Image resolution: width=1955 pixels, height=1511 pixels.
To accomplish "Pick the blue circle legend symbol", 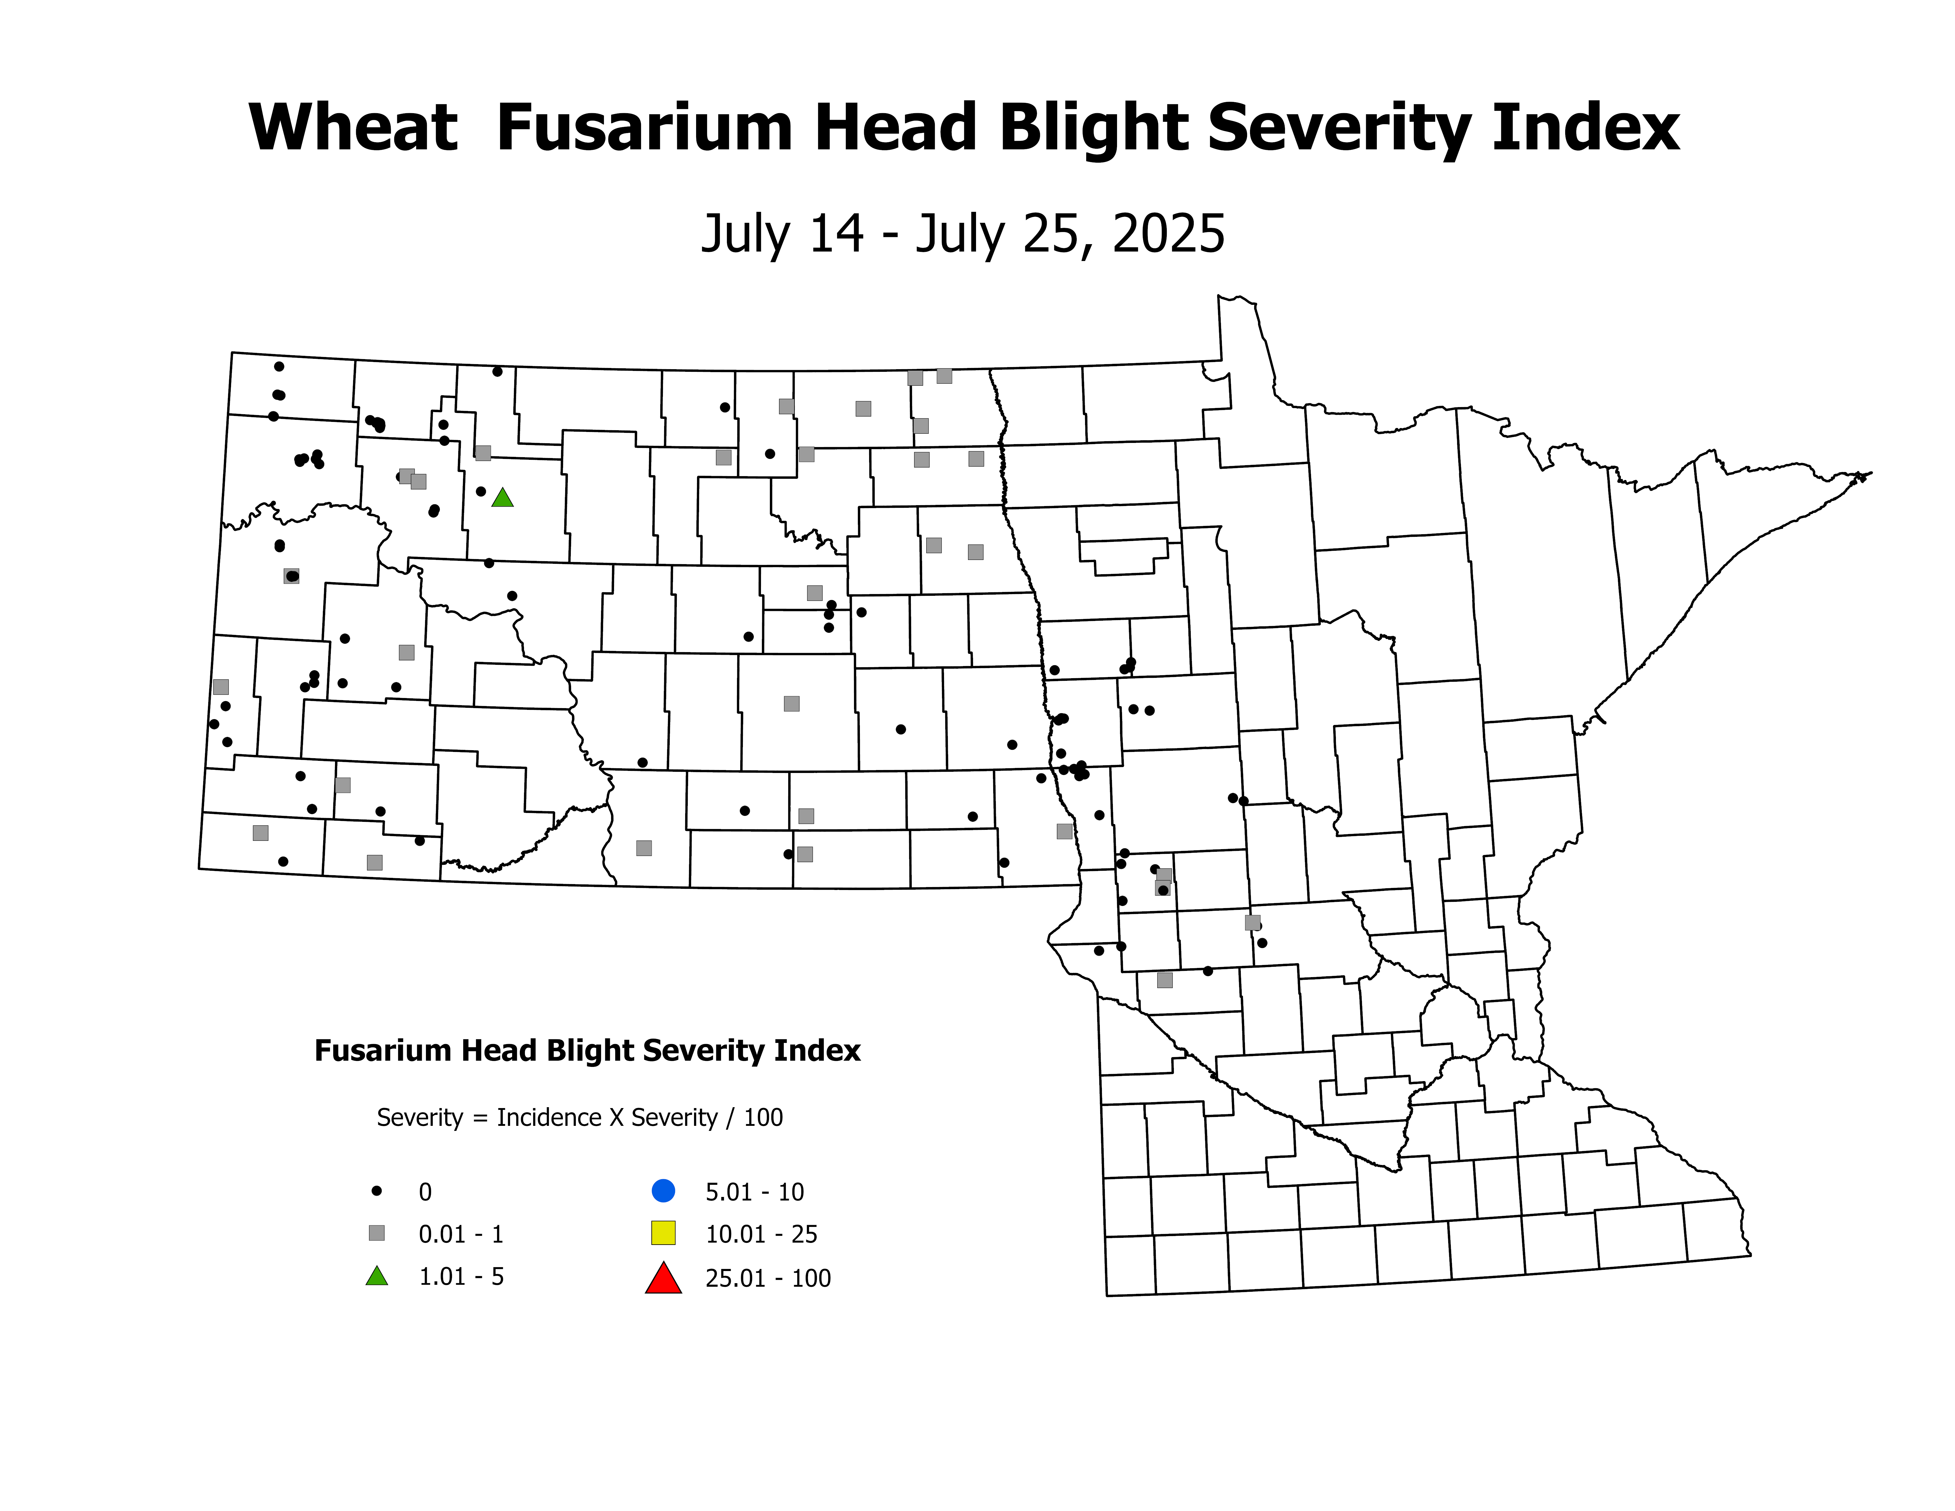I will coord(663,1191).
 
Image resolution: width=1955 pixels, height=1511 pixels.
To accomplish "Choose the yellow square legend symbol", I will coord(663,1233).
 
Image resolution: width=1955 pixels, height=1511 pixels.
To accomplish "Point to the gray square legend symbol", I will coord(377,1233).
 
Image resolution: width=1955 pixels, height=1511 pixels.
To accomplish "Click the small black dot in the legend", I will coord(377,1191).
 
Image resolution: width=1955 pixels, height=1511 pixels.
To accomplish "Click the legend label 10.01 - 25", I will coord(761,1234).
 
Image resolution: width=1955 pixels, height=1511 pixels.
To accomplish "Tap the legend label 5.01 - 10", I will coord(755,1192).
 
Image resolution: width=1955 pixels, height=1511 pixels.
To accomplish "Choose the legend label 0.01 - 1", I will coord(461,1234).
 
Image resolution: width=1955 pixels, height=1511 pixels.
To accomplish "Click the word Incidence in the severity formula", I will coord(549,1118).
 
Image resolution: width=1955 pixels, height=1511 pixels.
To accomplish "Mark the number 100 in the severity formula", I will coord(763,1118).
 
